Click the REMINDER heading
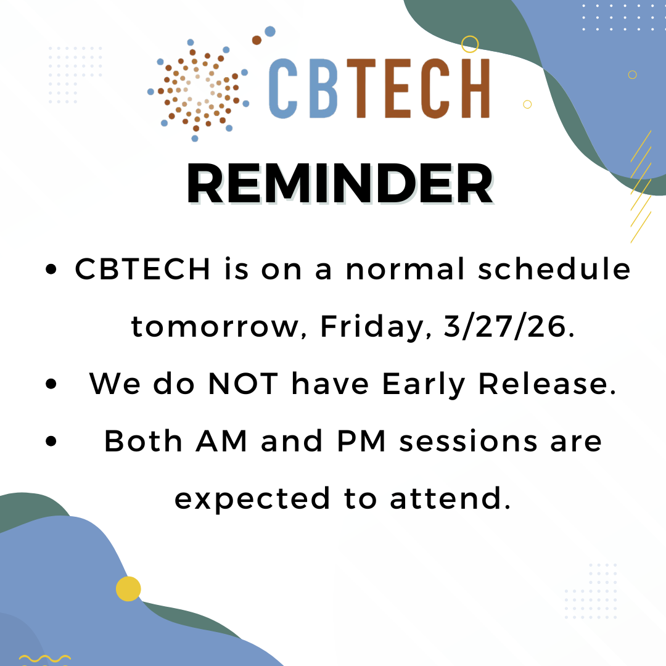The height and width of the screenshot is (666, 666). [340, 184]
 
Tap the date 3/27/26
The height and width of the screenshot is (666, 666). [509, 327]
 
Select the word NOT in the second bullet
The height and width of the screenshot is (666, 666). [243, 384]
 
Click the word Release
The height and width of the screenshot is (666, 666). [547, 384]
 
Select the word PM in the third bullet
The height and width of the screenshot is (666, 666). [361, 442]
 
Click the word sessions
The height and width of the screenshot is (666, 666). [469, 442]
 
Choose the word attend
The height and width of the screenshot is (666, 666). [450, 498]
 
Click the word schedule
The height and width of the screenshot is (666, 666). [554, 269]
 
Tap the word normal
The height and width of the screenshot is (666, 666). [405, 269]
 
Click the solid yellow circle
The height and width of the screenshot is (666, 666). [128, 589]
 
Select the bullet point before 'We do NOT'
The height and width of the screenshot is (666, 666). [51, 384]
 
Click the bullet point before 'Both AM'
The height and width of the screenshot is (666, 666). [51, 441]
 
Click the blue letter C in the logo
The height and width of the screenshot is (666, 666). [283, 88]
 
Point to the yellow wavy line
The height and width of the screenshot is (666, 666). [45, 659]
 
